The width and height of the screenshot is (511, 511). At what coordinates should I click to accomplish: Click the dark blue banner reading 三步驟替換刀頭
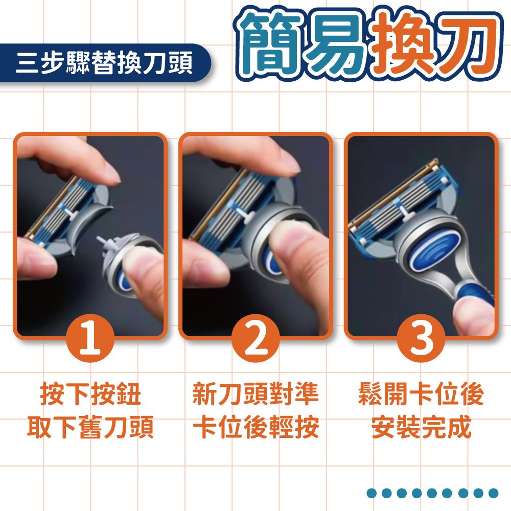tap(105, 62)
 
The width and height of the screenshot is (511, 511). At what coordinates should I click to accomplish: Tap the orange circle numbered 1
tap(90, 338)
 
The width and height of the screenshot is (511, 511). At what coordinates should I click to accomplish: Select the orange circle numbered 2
tap(256, 338)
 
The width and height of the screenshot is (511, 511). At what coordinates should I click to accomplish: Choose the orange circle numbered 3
tap(422, 338)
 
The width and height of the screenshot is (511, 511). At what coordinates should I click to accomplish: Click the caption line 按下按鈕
tap(90, 394)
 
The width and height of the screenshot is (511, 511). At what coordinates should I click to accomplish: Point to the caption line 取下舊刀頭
tap(90, 427)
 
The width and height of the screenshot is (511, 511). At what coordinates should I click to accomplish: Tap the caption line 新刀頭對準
tap(256, 394)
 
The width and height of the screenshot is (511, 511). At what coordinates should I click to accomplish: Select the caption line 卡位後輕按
tap(256, 427)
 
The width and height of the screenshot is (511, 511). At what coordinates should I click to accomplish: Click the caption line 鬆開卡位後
tap(421, 394)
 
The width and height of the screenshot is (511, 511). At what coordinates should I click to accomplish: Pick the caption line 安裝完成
tap(421, 427)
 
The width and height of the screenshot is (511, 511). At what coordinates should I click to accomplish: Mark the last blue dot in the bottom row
tap(493, 493)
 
